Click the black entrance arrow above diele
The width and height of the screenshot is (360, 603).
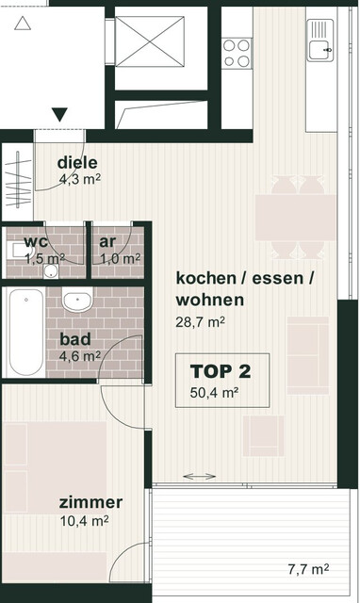pyautogui.click(x=59, y=115)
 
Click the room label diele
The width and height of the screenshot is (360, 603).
pyautogui.click(x=77, y=160)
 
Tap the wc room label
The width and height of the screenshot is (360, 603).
pyautogui.click(x=36, y=241)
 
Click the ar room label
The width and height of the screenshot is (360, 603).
pyautogui.click(x=108, y=241)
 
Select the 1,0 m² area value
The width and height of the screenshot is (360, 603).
pyautogui.click(x=120, y=257)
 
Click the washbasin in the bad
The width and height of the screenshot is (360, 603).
pyautogui.click(x=77, y=302)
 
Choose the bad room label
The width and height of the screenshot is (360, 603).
pyautogui.click(x=76, y=339)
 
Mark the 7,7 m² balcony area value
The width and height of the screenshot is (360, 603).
pyautogui.click(x=308, y=568)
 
